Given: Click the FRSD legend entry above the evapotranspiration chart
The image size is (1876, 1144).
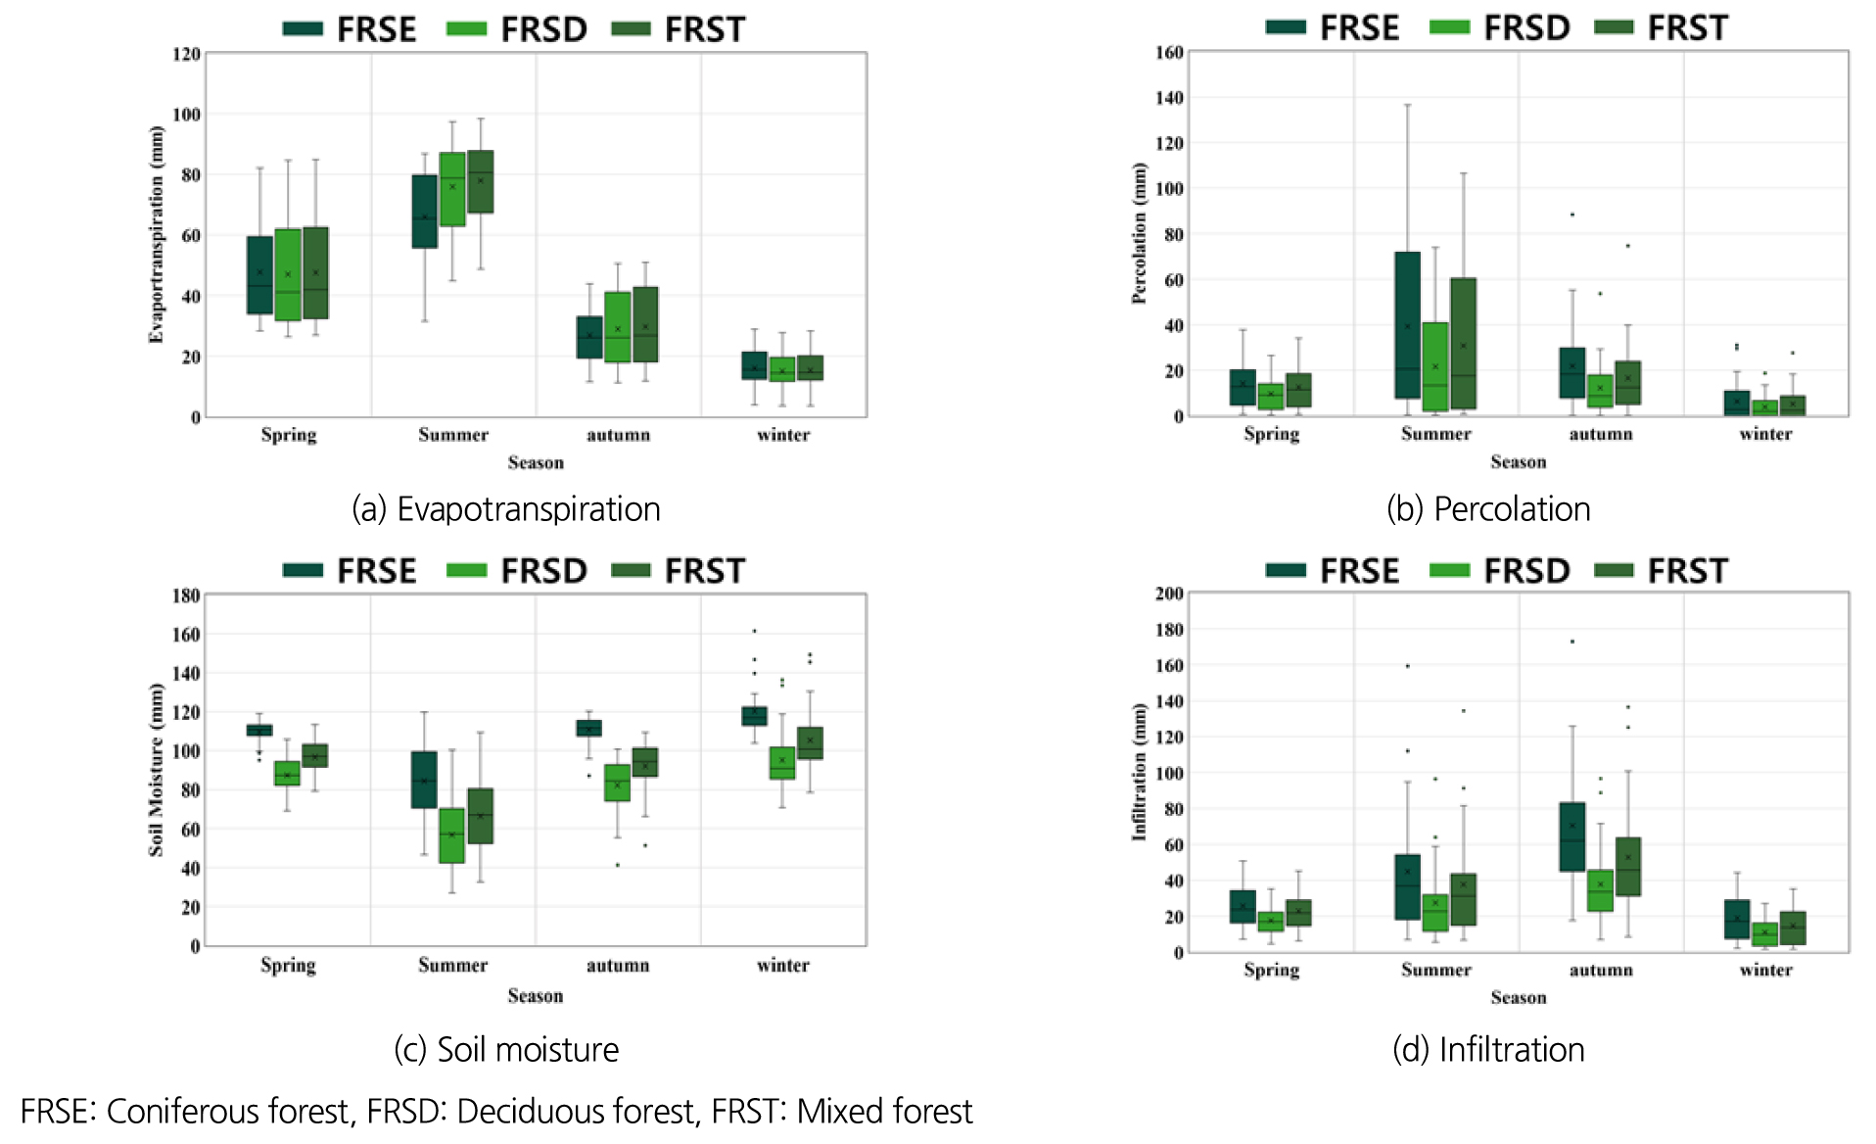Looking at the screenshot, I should click(517, 29).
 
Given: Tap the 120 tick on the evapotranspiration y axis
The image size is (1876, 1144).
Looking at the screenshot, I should click(186, 54).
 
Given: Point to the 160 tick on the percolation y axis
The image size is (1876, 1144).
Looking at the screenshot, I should click(1169, 52).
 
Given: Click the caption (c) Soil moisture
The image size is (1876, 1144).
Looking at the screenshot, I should click(506, 1049).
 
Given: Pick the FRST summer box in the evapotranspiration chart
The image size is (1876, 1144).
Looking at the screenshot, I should click(480, 181).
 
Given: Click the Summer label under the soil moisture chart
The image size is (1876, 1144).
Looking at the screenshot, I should click(452, 965).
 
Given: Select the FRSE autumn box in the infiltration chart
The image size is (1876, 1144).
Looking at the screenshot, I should click(1571, 836).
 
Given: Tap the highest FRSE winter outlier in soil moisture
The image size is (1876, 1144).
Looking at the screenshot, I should click(754, 631).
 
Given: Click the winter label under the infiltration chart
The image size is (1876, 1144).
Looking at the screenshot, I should click(1765, 970).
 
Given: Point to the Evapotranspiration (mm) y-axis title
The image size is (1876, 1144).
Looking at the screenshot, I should click(156, 235).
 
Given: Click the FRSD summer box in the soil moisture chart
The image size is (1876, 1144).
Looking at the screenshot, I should click(451, 834).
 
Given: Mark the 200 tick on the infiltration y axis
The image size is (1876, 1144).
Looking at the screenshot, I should click(1169, 594).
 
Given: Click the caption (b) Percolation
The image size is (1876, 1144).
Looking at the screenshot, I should click(1488, 509).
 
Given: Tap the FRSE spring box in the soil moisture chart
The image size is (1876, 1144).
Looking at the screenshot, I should click(259, 730).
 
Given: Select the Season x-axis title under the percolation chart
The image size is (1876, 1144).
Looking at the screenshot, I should click(1518, 461).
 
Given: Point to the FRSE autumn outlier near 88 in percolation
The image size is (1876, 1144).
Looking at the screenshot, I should click(1572, 214).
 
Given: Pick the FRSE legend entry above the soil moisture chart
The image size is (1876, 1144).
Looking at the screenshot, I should click(351, 571).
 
